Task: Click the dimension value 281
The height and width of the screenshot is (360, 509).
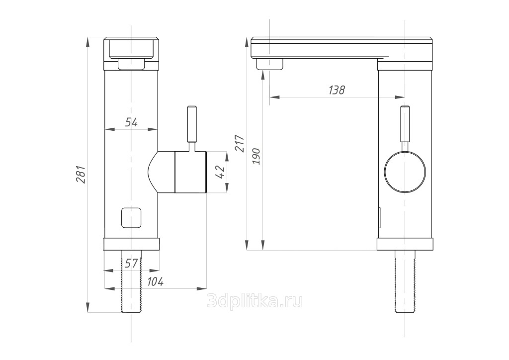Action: point(81,175)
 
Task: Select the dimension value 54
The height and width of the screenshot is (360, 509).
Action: point(131,122)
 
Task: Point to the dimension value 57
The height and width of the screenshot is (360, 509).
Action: point(131,263)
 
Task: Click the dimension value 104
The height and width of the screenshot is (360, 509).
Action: point(155,281)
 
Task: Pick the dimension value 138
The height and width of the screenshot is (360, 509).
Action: point(337,90)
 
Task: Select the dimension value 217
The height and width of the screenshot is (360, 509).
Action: point(240,143)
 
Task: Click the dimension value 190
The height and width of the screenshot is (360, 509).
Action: point(256,156)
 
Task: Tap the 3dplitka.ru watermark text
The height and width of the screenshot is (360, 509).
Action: point(255,301)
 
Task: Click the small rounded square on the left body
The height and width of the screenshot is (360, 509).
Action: point(131,217)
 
